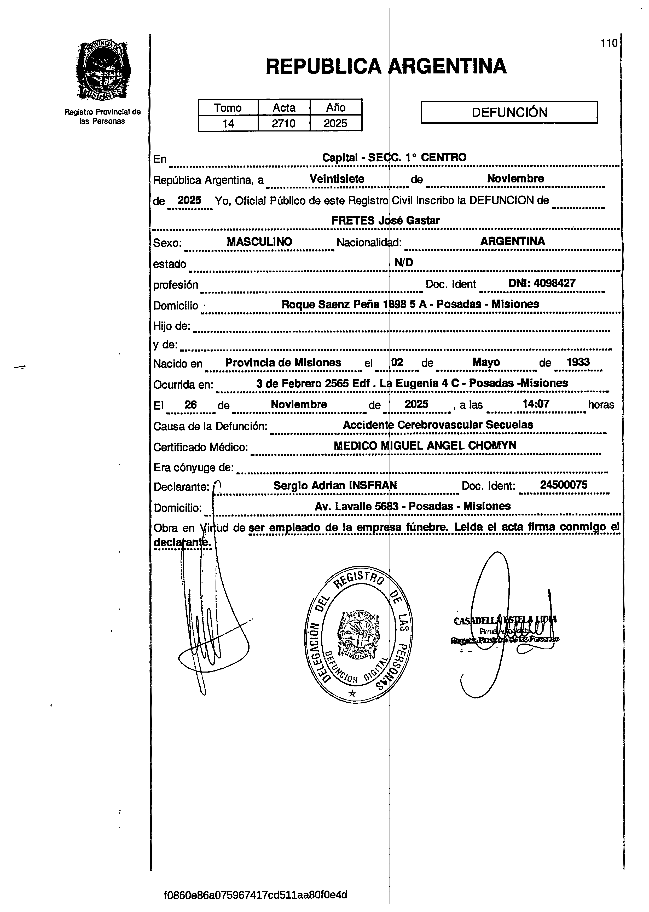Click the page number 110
[609, 43]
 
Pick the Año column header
[336, 107]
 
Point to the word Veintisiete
[337, 179]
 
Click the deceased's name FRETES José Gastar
[386, 220]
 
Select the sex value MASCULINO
[259, 242]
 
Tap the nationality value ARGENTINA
[512, 241]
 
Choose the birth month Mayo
[486, 362]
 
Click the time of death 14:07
[536, 404]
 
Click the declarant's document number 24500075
[564, 485]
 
